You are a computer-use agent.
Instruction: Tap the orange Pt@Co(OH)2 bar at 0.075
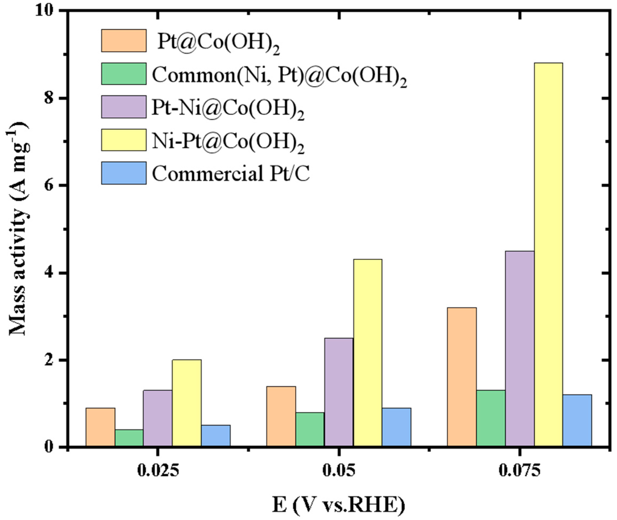[462, 377]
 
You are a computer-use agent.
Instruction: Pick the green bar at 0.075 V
[490, 419]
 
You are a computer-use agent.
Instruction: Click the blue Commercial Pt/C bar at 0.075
[577, 421]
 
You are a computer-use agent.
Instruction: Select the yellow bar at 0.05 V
[368, 353]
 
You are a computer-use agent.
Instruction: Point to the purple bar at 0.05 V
[339, 392]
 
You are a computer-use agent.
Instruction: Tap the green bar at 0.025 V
[129, 438]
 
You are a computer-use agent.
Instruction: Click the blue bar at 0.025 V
[216, 436]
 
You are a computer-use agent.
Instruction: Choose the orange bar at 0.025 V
[100, 428]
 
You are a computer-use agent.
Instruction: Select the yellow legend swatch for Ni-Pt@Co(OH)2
[124, 140]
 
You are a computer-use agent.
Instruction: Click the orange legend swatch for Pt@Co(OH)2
[124, 40]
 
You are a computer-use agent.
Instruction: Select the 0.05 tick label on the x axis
[339, 471]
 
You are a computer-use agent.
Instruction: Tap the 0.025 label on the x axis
[158, 471]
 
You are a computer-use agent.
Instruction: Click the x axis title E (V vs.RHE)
[338, 505]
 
